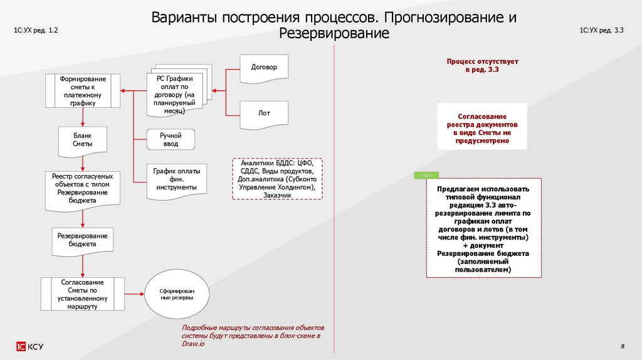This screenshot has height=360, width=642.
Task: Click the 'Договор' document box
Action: [x=264, y=66]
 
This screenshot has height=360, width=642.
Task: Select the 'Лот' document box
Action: [x=264, y=114]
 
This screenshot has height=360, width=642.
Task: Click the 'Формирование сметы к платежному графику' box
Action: [x=83, y=91]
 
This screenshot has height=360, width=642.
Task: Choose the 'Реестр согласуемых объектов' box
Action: [x=83, y=189]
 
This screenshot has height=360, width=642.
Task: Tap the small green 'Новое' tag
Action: [x=426, y=175]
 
